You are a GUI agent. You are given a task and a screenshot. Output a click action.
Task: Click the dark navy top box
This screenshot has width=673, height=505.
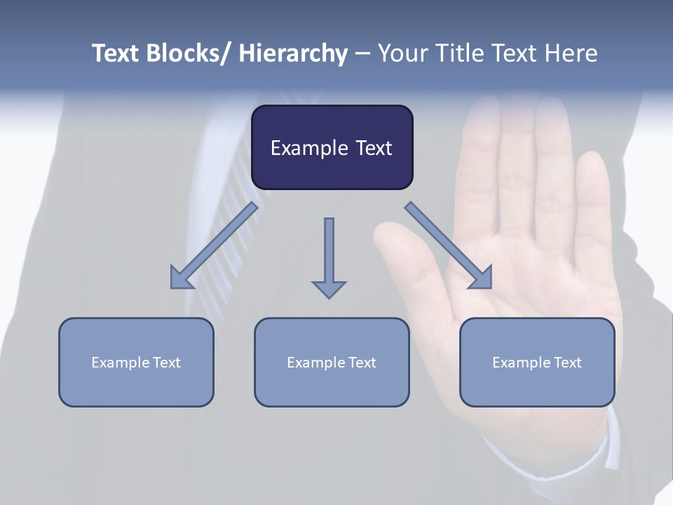click(332, 147)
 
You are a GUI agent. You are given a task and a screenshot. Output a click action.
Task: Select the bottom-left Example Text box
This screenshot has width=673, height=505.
click(136, 362)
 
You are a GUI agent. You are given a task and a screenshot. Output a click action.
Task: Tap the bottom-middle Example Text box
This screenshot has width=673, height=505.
click(332, 362)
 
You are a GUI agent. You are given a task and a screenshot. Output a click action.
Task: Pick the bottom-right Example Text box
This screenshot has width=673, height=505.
click(537, 362)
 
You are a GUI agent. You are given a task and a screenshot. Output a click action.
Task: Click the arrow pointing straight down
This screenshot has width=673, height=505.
click(329, 256)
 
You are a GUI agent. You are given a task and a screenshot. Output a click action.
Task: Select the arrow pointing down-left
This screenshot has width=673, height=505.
click(214, 245)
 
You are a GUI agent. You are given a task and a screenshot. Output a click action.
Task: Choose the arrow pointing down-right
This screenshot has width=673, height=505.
click(449, 245)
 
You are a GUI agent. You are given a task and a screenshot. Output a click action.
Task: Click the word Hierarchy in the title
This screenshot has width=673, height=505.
click(292, 54)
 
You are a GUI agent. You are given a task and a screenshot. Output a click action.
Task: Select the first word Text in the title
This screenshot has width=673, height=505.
click(116, 54)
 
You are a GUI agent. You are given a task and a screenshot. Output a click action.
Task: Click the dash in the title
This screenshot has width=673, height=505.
click(362, 54)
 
